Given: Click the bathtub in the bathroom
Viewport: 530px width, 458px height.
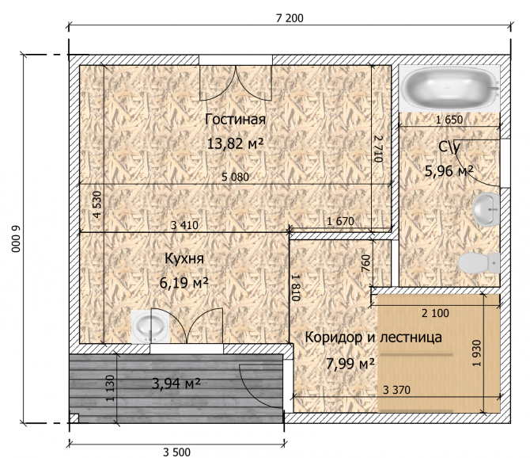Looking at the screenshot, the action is pos(449,88).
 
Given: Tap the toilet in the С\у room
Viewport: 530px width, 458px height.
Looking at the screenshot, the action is pos(479,263).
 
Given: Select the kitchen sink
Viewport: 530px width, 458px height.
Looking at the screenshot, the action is pos(150,326).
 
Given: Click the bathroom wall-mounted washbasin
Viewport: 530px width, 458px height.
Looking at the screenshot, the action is pos(486,209).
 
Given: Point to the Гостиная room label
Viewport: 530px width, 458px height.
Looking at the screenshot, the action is pos(235,120).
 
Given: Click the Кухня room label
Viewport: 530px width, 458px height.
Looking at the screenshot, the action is pos(184,258).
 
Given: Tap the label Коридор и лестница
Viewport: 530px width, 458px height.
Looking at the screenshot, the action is pos(373,338).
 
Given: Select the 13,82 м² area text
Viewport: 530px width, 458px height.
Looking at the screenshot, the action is pos(235,144).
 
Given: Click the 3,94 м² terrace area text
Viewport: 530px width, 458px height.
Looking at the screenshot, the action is pos(176,384).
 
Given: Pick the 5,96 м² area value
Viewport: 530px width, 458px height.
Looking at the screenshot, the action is pos(449,171).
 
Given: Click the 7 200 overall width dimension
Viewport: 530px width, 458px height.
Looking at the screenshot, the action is pos(290,18).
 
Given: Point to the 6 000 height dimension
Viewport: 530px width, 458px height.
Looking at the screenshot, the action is pos(17,239).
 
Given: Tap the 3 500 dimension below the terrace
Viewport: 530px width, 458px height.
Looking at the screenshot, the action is pos(176,452).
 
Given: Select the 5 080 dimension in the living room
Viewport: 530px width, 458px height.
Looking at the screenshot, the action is pos(235,177).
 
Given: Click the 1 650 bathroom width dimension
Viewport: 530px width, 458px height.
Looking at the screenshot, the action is pos(449,120).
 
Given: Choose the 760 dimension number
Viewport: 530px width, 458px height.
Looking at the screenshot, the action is pos(366,263).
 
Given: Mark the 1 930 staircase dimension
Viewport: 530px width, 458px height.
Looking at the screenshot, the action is pos(476,353).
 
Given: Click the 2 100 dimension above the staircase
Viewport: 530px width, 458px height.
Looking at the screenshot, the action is pos(435,314).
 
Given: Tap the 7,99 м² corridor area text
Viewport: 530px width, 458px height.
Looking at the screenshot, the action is pos(350,364).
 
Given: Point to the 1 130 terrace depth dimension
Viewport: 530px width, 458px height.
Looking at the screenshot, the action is pos(111,388).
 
